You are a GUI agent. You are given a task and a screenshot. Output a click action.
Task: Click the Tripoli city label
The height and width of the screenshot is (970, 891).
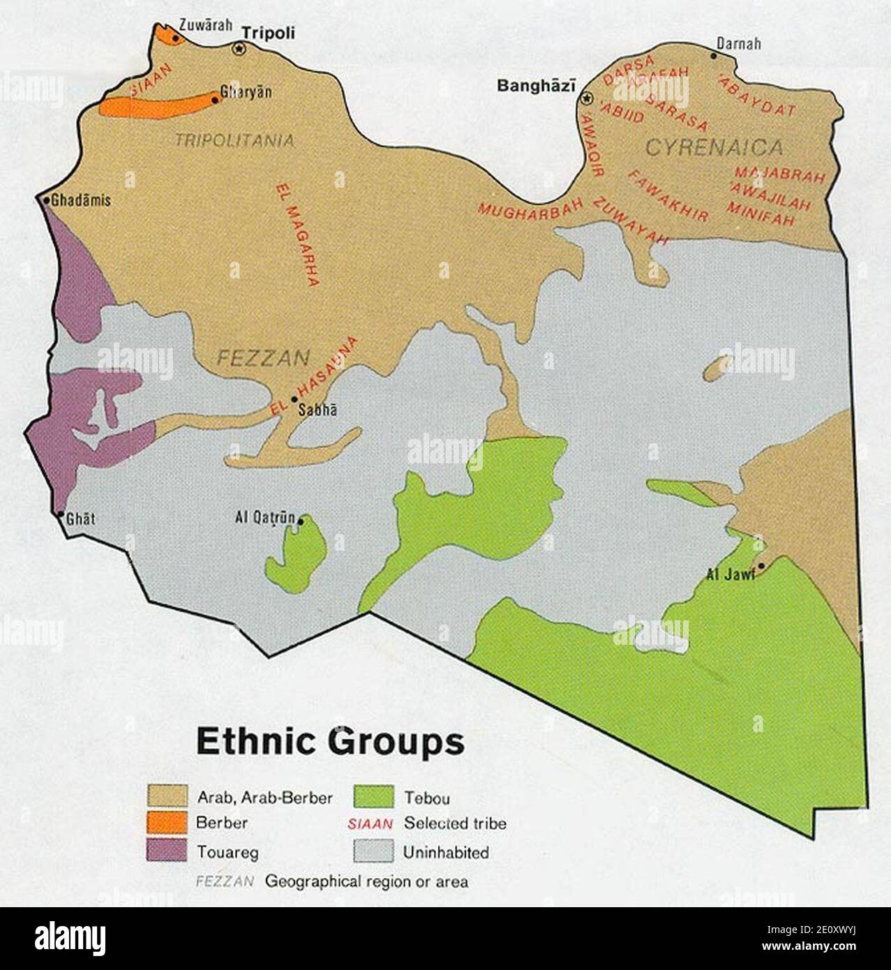[x=268, y=33]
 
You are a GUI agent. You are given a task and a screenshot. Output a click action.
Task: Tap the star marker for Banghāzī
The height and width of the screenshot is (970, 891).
[x=587, y=98]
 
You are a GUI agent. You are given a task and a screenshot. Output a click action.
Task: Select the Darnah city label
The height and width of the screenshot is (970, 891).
[x=740, y=44]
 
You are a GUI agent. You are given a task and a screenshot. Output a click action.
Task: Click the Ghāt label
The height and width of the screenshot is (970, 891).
[x=80, y=518]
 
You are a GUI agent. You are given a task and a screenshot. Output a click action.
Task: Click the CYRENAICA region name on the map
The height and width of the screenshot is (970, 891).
[x=714, y=147]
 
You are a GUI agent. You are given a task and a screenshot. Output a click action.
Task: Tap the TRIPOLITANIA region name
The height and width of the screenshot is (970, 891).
[x=234, y=141]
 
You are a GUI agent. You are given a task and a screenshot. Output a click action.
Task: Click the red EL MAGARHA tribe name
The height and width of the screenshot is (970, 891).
[x=297, y=234]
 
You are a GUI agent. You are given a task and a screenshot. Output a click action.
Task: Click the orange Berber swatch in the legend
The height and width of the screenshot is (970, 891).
[x=167, y=823]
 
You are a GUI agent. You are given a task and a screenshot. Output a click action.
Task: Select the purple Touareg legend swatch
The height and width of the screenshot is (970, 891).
[x=167, y=851]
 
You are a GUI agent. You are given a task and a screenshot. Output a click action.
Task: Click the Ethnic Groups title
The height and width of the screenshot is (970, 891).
[x=330, y=742]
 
